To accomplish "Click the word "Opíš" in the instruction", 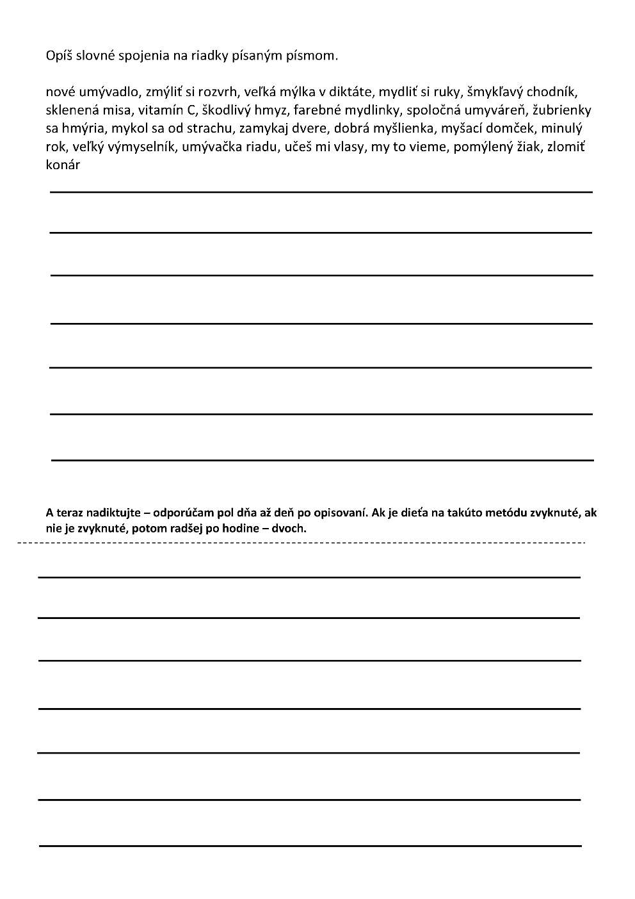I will point(60,56).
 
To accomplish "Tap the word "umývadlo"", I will point(104,92).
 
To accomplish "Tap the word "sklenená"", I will point(70,110).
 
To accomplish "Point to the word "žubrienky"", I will point(562,111).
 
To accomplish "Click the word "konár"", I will point(63,165).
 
